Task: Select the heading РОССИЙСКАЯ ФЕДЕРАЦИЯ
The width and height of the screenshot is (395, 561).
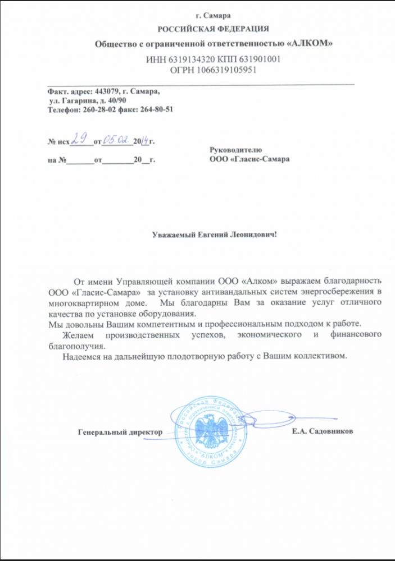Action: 213,28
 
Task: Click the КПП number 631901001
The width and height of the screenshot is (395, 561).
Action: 258,59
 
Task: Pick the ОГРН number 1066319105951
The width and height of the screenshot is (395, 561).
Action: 225,70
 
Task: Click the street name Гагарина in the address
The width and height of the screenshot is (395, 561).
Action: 79,100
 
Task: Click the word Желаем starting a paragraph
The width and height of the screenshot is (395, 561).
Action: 82,334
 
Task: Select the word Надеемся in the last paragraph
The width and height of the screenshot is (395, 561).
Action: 83,356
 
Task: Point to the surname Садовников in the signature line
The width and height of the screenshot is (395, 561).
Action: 335,431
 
